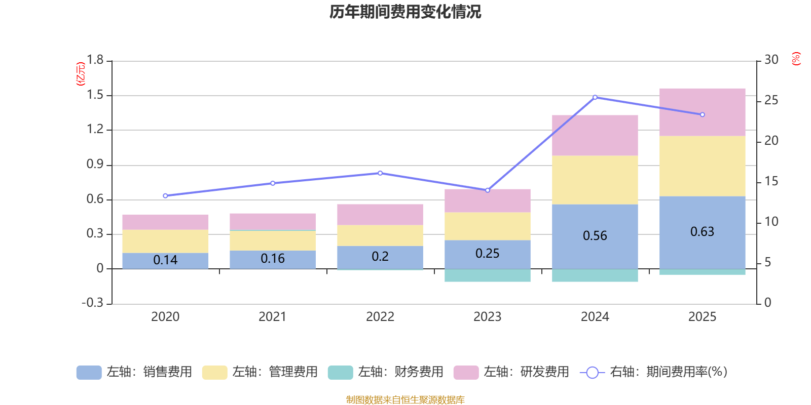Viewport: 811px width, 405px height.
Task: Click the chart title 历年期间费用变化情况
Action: pos(405,12)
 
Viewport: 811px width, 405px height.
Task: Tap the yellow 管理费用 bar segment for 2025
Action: pos(702,166)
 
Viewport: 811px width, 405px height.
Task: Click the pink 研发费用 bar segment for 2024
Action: pos(595,135)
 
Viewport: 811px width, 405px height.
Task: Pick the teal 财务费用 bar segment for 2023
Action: pos(487,275)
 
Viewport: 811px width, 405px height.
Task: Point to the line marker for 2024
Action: pos(595,97)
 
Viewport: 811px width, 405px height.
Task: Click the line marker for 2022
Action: pos(380,173)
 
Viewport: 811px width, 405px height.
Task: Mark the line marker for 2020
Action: pos(165,195)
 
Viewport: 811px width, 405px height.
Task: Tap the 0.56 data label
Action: pos(595,236)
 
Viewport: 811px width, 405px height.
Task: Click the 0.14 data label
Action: pos(165,260)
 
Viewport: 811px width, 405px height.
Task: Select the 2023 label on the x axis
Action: pos(487,317)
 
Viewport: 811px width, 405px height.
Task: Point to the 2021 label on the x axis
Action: pos(272,317)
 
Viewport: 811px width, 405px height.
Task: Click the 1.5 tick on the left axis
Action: pos(95,95)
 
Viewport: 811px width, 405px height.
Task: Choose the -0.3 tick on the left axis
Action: pos(92,303)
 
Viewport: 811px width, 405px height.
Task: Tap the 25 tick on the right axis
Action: pos(771,100)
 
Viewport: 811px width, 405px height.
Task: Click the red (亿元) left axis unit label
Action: pos(80,74)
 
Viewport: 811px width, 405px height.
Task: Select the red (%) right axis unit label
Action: pos(796,59)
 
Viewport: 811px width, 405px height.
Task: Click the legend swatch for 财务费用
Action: pos(340,373)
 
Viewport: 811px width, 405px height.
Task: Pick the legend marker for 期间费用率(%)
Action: pos(592,373)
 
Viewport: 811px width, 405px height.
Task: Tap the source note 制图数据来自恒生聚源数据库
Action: pos(405,400)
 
